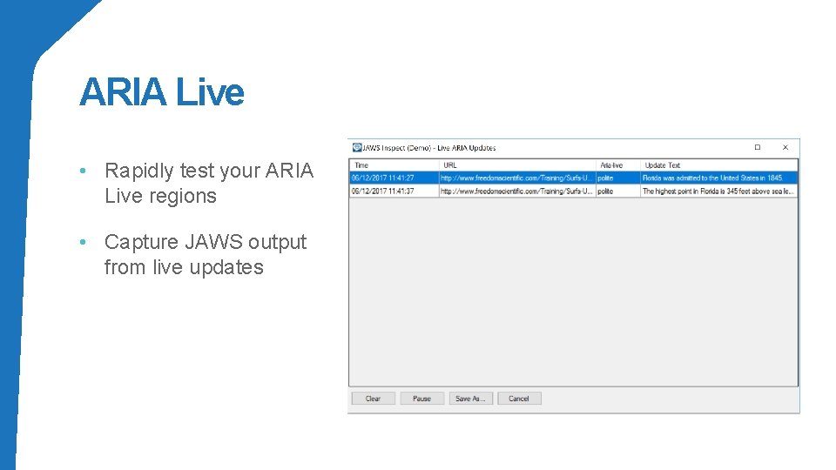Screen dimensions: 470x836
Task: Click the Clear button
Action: [373, 399]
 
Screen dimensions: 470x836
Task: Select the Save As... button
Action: [470, 399]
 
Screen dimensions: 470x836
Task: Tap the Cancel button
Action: [519, 399]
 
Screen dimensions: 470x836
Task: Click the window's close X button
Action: [785, 147]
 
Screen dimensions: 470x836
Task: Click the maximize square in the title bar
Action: [758, 147]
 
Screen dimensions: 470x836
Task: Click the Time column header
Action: [361, 164]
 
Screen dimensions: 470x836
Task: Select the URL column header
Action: [450, 164]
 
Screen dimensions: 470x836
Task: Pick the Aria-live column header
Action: [611, 164]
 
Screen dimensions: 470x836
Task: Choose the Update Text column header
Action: [662, 164]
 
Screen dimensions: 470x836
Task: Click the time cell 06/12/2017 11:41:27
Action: [382, 178]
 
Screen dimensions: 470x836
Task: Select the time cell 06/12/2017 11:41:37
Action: [382, 191]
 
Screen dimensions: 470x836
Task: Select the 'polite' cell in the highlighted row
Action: [606, 178]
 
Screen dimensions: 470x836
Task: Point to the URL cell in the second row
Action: [516, 191]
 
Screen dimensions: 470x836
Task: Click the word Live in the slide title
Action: [210, 92]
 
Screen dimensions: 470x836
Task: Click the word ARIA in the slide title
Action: [123, 92]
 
